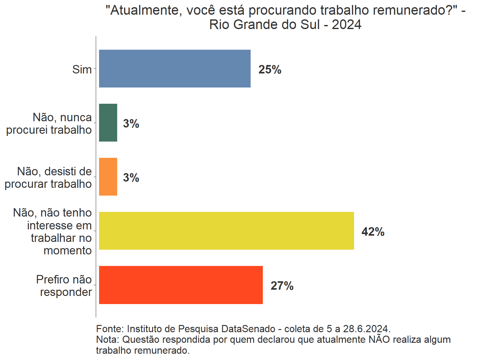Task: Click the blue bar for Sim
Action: (175, 68)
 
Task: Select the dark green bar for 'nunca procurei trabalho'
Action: (108, 122)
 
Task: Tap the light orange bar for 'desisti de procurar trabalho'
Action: (108, 177)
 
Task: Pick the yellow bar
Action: (226, 231)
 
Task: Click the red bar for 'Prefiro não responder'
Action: (181, 285)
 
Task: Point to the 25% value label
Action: (270, 69)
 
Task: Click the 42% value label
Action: (373, 232)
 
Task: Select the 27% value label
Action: (282, 286)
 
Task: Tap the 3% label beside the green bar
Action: (131, 123)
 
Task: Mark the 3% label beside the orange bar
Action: (131, 177)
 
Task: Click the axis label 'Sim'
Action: (82, 69)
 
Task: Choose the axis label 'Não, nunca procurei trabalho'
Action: (49, 123)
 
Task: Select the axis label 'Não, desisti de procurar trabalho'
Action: (48, 177)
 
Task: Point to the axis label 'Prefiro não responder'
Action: (64, 286)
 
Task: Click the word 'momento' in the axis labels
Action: (67, 250)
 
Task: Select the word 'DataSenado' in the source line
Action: (248, 329)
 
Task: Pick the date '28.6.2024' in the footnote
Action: (366, 329)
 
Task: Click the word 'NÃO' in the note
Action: (379, 339)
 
